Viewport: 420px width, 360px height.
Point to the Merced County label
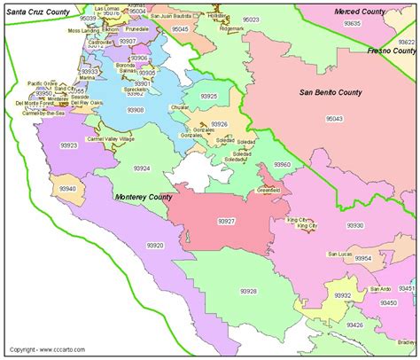(360, 10)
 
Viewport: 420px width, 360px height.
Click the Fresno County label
(393, 51)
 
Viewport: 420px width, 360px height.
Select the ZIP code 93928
(247, 290)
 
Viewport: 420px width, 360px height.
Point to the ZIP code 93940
(67, 188)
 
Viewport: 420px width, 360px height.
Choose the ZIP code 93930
(355, 225)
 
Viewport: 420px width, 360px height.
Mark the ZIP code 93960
(282, 165)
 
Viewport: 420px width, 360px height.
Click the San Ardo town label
(381, 289)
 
